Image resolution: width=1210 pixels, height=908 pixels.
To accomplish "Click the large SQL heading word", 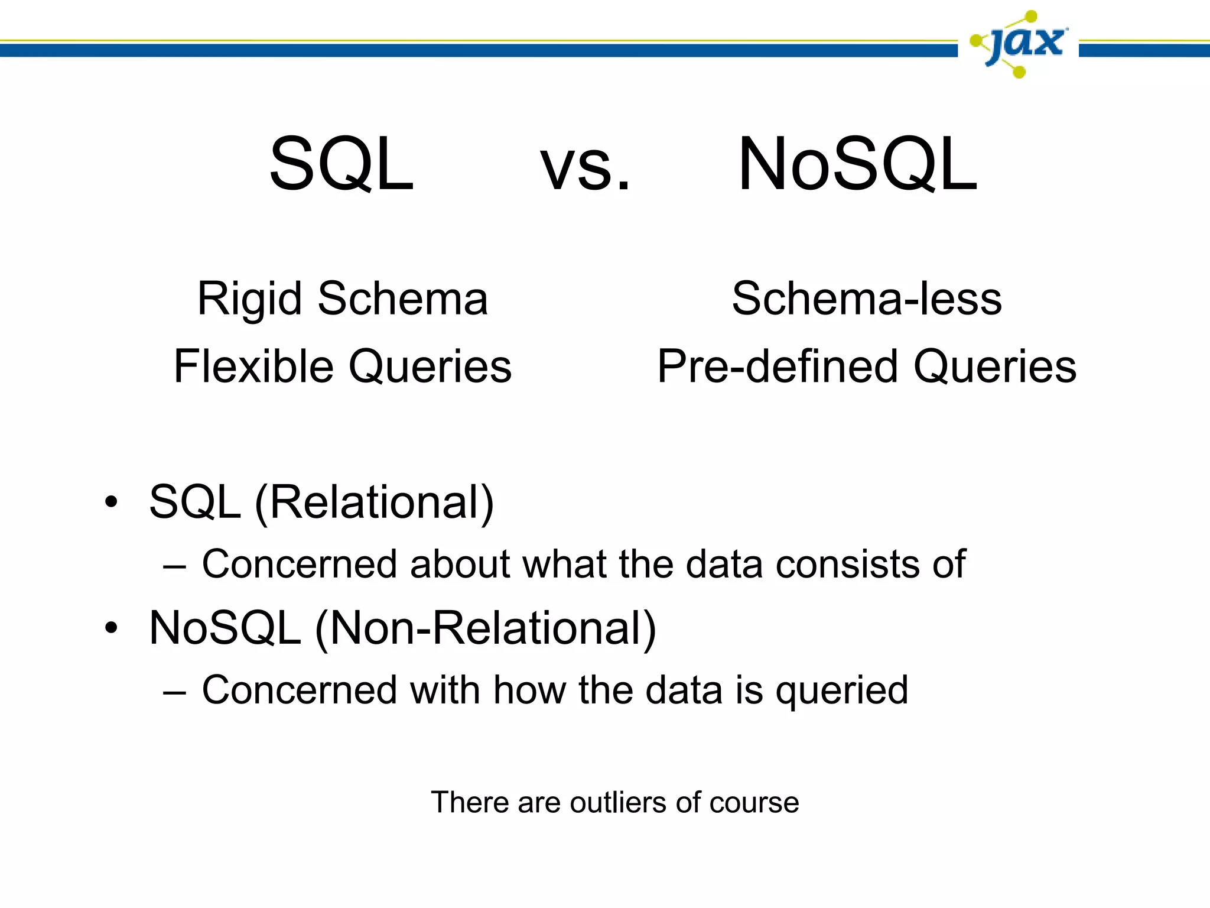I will tap(341, 164).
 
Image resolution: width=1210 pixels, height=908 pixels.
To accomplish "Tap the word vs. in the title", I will tap(585, 168).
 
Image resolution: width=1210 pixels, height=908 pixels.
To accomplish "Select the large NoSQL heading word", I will tap(858, 164).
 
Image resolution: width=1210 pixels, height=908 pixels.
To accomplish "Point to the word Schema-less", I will tap(867, 299).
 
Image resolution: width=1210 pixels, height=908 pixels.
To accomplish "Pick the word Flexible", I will tap(253, 367).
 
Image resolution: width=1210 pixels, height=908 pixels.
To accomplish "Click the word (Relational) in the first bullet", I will tap(374, 503).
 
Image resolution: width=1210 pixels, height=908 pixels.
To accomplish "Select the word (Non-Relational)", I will tap(485, 629).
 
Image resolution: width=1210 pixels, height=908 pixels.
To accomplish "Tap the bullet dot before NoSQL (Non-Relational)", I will tap(111, 628).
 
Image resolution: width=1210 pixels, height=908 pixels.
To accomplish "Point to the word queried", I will tap(841, 691).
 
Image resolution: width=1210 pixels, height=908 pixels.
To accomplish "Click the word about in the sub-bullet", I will tap(459, 564).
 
